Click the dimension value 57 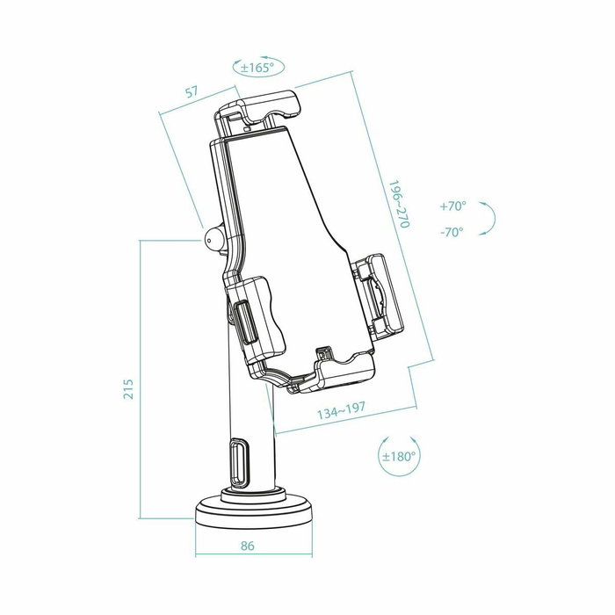click(190, 92)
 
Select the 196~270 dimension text click(400, 205)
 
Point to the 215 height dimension click(128, 387)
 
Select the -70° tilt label click(452, 232)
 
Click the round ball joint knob click(213, 237)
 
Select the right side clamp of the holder click(381, 296)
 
